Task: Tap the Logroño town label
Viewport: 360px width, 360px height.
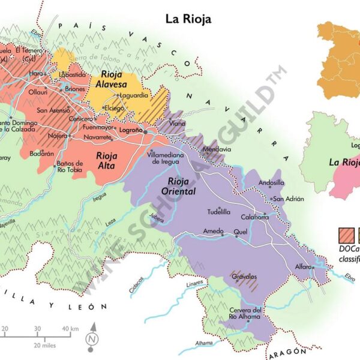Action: (131, 130)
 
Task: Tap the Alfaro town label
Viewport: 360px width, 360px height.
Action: (303, 266)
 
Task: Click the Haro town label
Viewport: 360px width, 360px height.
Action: (37, 73)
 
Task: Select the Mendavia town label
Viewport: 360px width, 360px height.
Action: (217, 149)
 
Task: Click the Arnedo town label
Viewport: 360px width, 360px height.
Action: (213, 231)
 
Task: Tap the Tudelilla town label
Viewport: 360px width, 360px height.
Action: (218, 211)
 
